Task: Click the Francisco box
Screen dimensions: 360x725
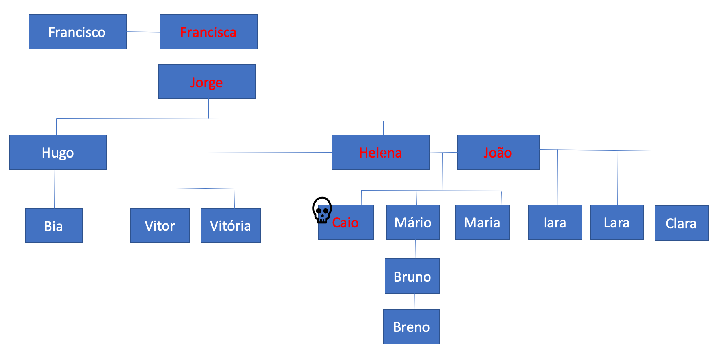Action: tap(78, 32)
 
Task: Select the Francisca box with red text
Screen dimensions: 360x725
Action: tap(208, 32)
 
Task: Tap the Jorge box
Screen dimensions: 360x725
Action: tap(207, 82)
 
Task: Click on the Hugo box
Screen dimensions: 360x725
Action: tap(58, 153)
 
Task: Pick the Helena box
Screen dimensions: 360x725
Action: tap(380, 153)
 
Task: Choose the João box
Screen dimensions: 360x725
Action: tap(498, 153)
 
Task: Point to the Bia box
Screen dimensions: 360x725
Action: tap(54, 226)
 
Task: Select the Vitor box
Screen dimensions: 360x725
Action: tap(160, 226)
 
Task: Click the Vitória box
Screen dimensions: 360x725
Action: tap(231, 226)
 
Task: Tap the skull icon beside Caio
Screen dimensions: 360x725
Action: tap(322, 209)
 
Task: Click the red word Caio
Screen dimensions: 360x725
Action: tap(346, 223)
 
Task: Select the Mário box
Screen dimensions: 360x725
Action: tap(413, 223)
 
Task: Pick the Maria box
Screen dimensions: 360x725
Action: tap(482, 223)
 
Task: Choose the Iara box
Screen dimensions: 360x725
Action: tap(555, 223)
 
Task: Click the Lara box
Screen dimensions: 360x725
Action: tap(617, 223)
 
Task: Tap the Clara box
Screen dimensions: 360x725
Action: tap(681, 223)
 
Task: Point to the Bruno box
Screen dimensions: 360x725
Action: tap(412, 276)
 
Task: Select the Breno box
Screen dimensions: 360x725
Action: tap(411, 327)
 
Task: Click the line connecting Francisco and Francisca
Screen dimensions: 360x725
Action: tap(143, 32)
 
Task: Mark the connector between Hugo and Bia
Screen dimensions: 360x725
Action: tap(54, 189)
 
